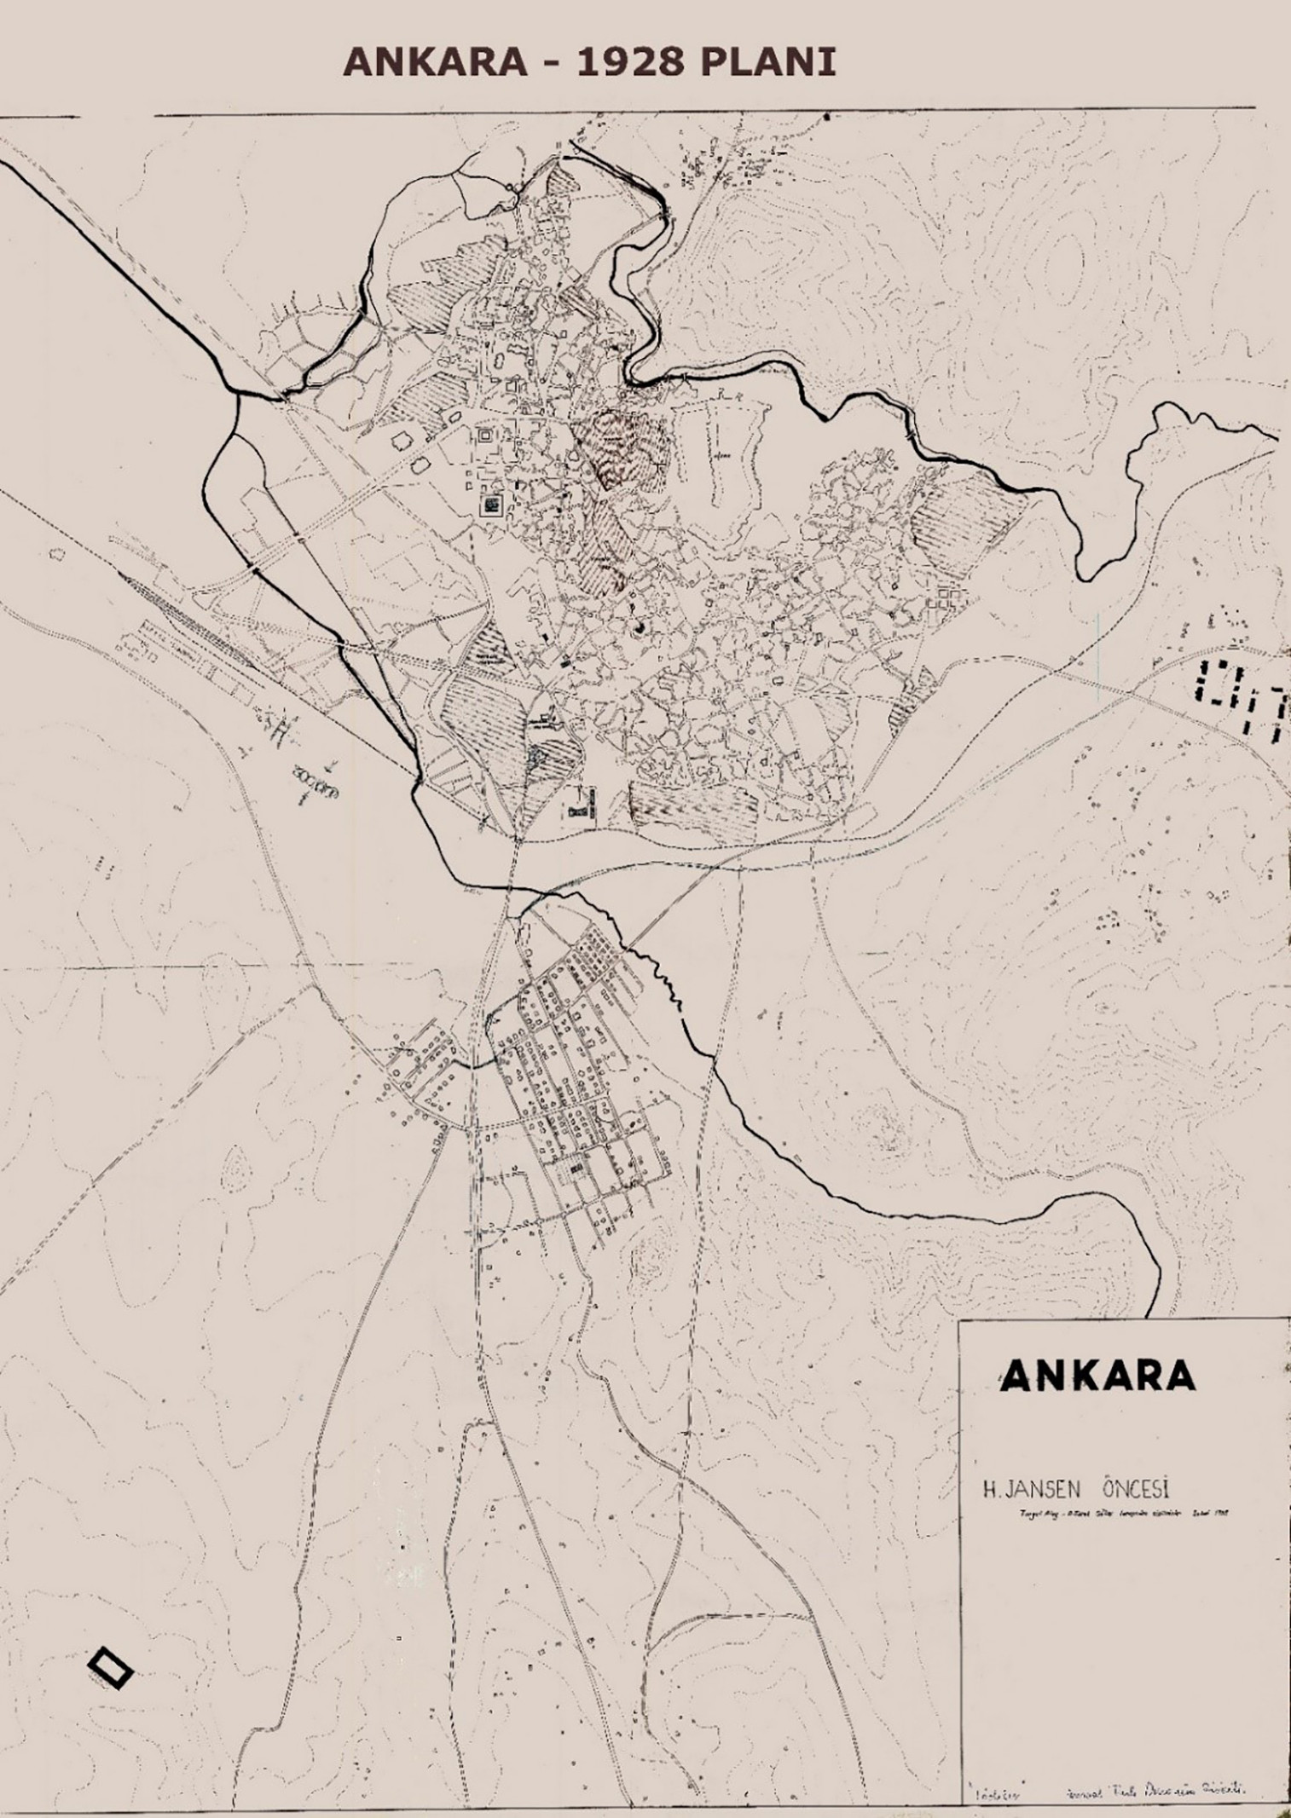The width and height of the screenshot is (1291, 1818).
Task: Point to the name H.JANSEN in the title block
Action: click(1033, 1489)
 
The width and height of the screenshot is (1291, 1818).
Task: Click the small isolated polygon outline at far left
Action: click(58, 553)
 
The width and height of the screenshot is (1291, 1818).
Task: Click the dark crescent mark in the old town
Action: click(640, 628)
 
